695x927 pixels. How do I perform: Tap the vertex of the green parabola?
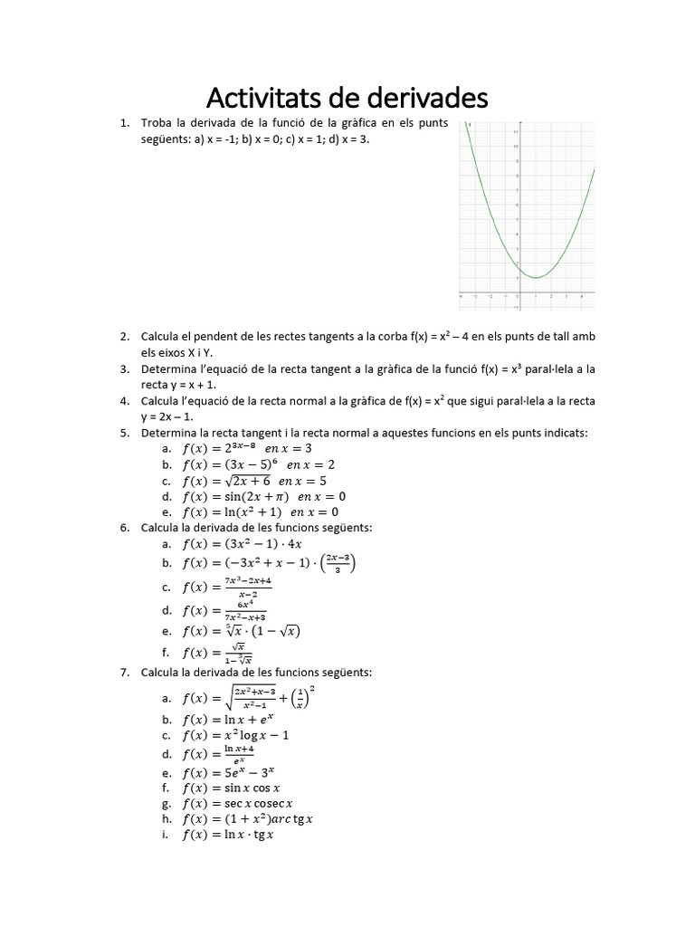coord(536,277)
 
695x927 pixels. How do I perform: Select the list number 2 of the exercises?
coord(124,337)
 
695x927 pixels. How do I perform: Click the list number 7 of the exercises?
coord(124,673)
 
